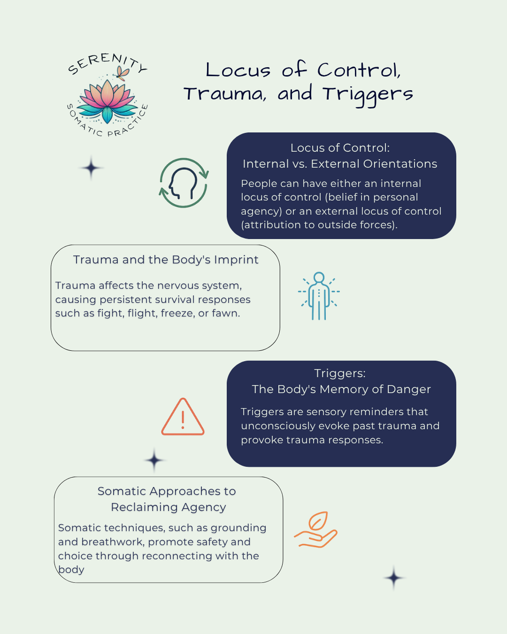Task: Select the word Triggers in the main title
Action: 368,94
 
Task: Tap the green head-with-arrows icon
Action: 184,183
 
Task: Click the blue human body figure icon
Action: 319,296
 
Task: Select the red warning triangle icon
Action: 183,418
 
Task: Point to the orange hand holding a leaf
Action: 316,530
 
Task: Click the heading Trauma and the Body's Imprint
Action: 166,260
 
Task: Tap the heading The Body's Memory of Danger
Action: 341,389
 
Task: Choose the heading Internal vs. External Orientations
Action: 340,164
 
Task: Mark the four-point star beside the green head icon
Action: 91,168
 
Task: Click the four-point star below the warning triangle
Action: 154,460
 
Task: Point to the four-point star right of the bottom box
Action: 393,578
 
